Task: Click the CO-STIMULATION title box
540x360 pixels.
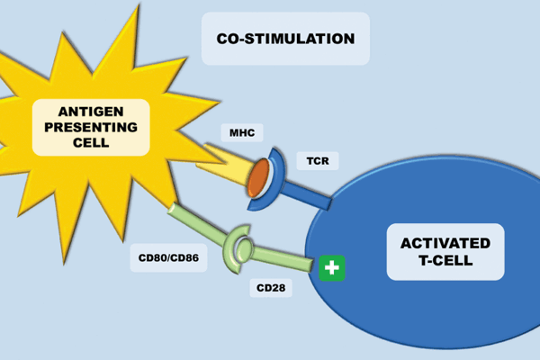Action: tap(285, 39)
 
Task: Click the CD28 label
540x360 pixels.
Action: tap(265, 290)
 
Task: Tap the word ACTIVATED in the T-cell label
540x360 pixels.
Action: tap(445, 244)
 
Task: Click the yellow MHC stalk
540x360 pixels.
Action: tap(220, 165)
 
